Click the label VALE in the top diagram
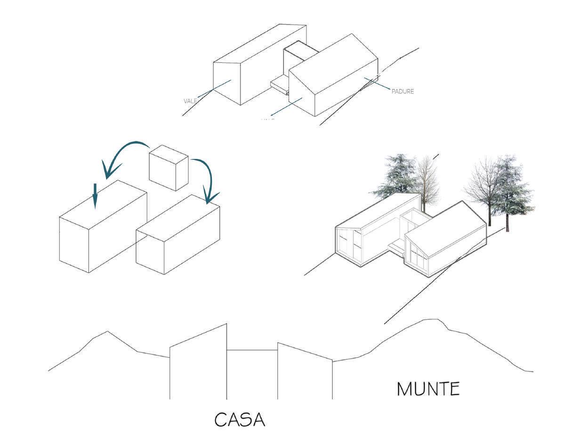pos(191,101)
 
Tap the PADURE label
pos(403,91)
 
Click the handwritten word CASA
pos(240,419)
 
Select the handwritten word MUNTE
pos(428,389)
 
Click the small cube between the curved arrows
pos(168,167)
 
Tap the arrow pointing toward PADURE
pos(377,83)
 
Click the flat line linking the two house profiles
pos(252,350)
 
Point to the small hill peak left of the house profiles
pos(107,331)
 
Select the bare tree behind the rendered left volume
pos(427,182)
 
